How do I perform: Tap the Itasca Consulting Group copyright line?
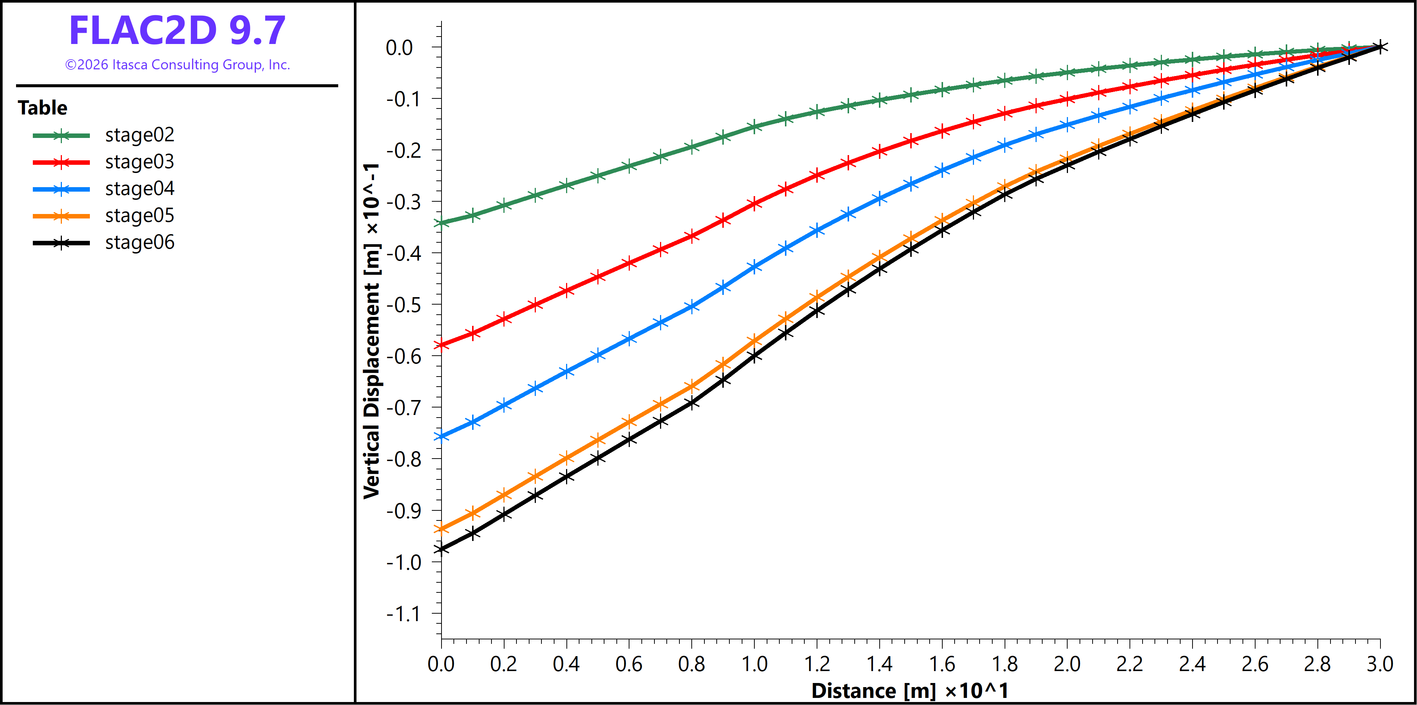pyautogui.click(x=177, y=65)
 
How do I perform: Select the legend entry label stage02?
pyautogui.click(x=140, y=135)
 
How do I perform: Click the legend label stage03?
pyautogui.click(x=140, y=162)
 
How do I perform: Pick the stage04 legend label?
pyautogui.click(x=140, y=189)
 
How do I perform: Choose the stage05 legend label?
pyautogui.click(x=140, y=215)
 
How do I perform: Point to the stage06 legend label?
pyautogui.click(x=140, y=242)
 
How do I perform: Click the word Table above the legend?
pyautogui.click(x=43, y=108)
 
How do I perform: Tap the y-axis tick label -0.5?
pyautogui.click(x=404, y=305)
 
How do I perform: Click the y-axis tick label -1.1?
pyautogui.click(x=404, y=614)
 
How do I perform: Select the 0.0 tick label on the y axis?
pyautogui.click(x=399, y=48)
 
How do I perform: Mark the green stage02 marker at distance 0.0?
pyautogui.click(x=441, y=223)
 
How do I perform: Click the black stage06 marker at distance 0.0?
pyautogui.click(x=441, y=549)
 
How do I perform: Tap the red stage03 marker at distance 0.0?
pyautogui.click(x=441, y=345)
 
